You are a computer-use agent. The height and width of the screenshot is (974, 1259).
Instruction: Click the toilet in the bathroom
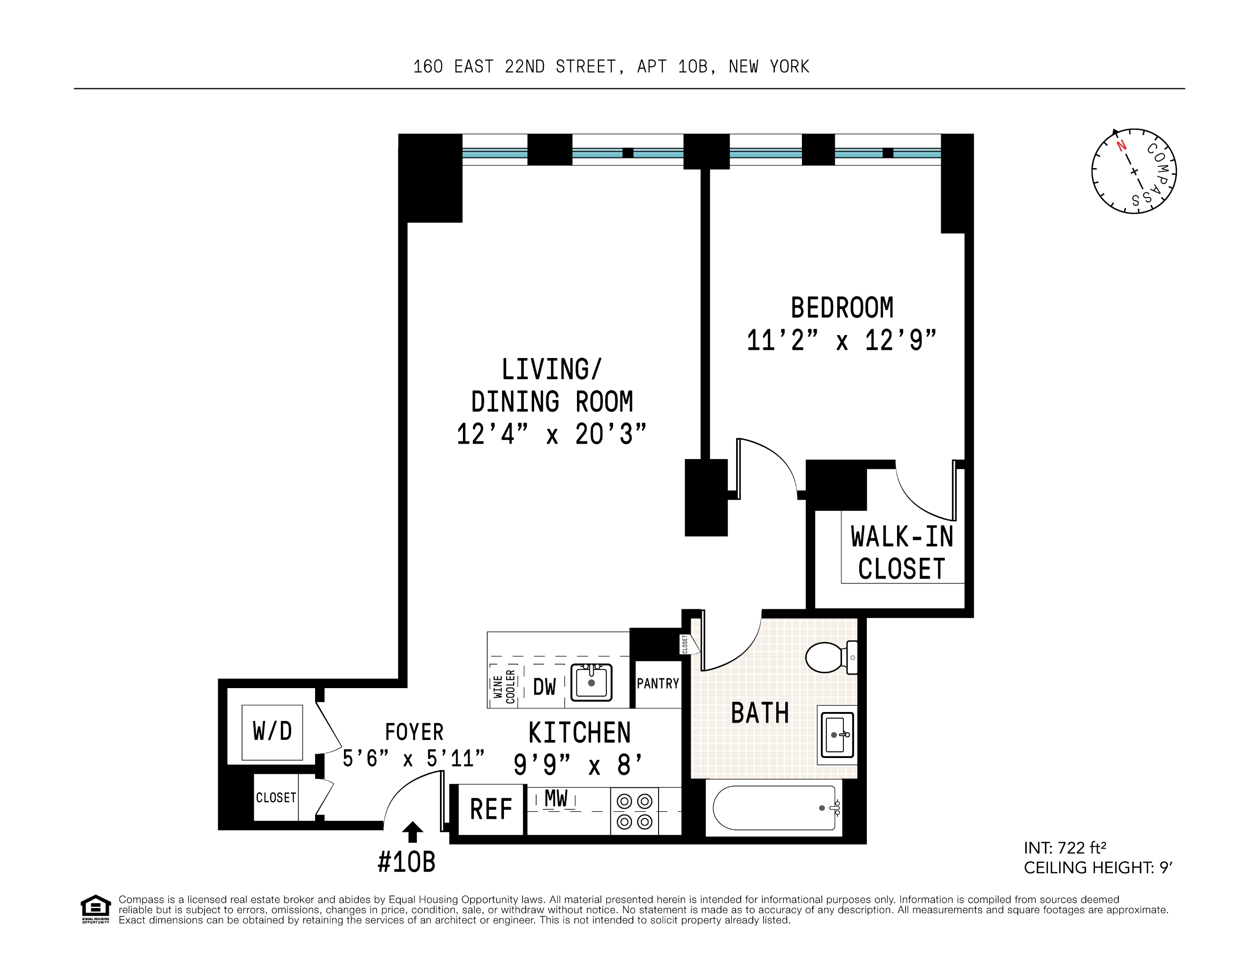(x=831, y=657)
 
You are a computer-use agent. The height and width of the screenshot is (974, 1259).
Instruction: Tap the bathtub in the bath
(x=776, y=807)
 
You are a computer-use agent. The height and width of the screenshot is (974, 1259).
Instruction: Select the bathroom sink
(x=837, y=735)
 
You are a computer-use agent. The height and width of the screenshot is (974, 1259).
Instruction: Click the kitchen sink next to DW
(x=591, y=682)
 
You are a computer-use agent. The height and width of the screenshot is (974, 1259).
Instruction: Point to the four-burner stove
(x=634, y=811)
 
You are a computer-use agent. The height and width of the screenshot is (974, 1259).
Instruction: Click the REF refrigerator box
(x=490, y=810)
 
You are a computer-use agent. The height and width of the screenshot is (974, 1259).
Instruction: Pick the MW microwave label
(x=556, y=798)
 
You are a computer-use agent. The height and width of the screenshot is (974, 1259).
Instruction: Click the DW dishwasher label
(x=544, y=687)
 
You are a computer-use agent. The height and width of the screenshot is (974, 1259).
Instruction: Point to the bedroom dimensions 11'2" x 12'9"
(x=842, y=340)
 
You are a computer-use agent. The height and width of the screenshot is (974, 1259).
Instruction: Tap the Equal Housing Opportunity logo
(x=95, y=910)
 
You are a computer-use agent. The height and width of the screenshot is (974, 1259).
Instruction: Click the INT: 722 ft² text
(x=1065, y=848)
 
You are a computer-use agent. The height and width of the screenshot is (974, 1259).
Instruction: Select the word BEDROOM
(x=842, y=308)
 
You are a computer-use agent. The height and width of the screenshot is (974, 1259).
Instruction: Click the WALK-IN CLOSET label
(x=902, y=552)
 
